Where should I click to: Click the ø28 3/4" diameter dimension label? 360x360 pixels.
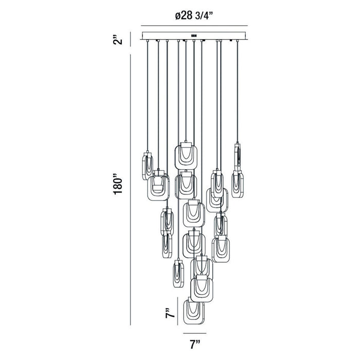(x=194, y=15)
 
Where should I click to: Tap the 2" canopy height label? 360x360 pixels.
(x=118, y=40)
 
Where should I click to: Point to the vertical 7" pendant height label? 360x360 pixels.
(x=170, y=312)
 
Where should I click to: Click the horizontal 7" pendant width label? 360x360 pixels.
(x=195, y=345)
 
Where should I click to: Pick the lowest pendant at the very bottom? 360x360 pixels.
(x=194, y=311)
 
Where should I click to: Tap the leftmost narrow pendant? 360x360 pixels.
(x=148, y=166)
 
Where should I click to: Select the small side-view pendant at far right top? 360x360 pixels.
(x=238, y=157)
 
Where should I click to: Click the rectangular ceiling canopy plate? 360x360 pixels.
(x=194, y=36)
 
